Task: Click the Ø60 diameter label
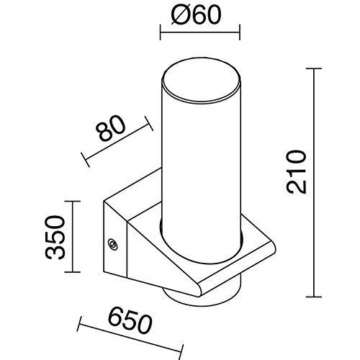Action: click(196, 14)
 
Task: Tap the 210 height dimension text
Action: click(297, 172)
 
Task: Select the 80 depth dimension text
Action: click(110, 128)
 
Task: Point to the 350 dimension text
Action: click(55, 238)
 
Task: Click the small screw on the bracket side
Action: click(112, 244)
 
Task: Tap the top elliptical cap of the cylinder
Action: click(201, 79)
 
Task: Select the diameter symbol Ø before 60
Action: click(179, 14)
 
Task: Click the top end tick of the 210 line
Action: click(314, 68)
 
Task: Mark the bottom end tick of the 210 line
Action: click(314, 297)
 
